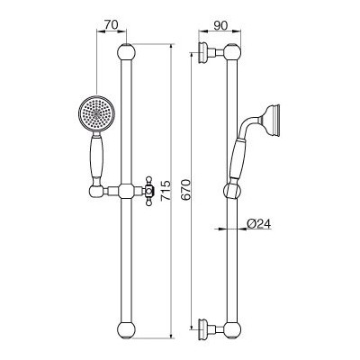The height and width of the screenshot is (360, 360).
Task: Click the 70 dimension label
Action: click(x=111, y=25)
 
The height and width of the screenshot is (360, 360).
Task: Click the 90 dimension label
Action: click(x=220, y=26)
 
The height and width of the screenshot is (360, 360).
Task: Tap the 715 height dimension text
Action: click(x=165, y=191)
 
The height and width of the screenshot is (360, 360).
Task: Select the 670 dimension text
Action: click(x=185, y=190)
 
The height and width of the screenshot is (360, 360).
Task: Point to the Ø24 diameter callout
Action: click(x=258, y=223)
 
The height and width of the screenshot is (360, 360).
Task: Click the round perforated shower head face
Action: click(x=96, y=113)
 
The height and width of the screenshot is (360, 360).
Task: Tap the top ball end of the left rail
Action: click(x=126, y=52)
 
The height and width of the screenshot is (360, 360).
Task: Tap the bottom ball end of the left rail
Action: click(x=126, y=330)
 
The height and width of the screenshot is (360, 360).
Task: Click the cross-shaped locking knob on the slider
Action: click(x=149, y=191)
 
